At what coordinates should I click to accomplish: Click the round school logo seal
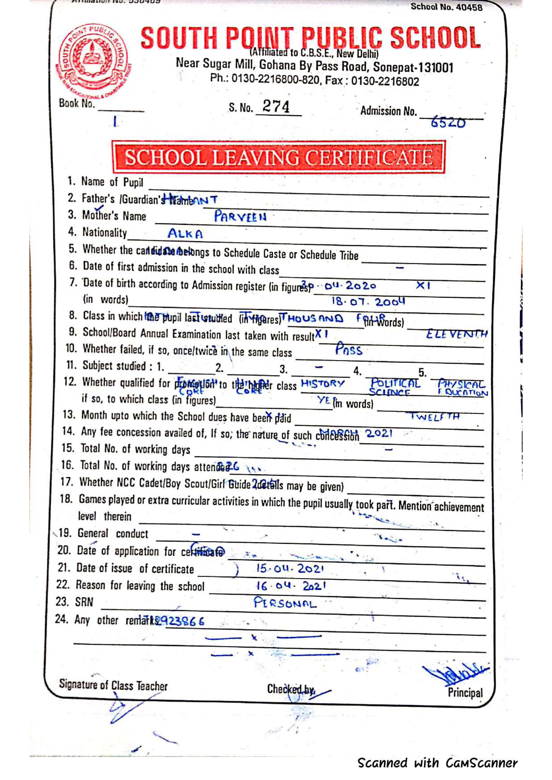93,58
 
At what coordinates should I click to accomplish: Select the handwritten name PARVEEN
240,217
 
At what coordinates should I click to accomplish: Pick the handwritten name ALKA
185,234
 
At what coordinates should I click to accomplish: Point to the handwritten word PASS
349,350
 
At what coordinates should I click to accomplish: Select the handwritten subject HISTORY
323,384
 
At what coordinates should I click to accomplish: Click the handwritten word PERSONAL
285,603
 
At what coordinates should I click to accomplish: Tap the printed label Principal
465,692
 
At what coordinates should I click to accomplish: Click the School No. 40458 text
446,7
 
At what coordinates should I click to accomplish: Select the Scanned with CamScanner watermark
437,763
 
